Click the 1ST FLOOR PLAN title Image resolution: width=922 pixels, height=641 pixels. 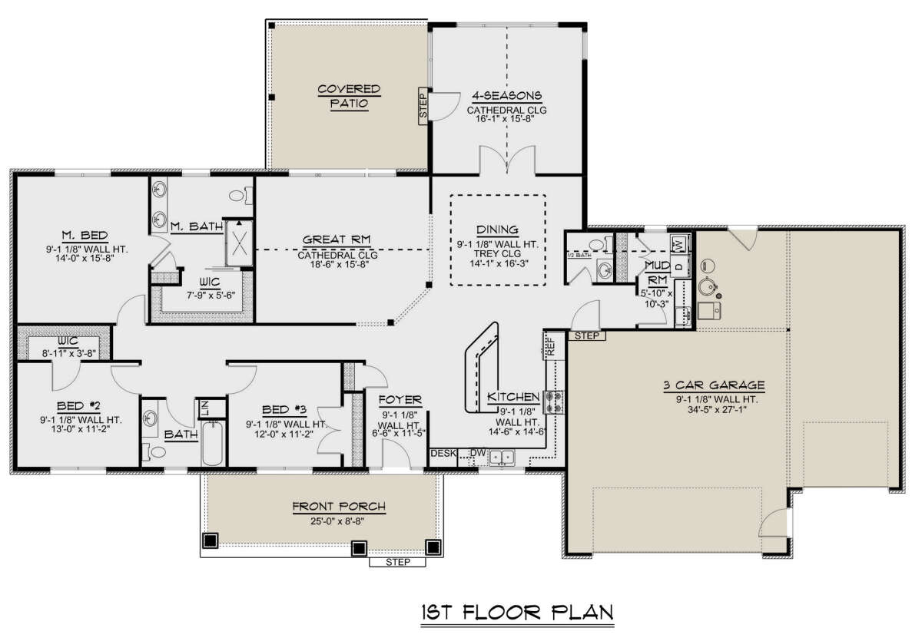[517, 613]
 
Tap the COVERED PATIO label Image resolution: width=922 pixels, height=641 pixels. [349, 96]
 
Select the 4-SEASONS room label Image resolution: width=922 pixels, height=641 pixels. [506, 96]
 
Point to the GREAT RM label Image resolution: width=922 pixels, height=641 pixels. [337, 240]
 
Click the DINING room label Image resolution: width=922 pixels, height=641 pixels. [497, 230]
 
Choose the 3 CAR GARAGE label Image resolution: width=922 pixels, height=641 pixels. [714, 385]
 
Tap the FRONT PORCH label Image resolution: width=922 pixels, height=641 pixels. [339, 507]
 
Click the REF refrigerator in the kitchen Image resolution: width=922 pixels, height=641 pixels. [551, 345]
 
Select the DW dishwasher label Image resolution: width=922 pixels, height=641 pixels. [478, 453]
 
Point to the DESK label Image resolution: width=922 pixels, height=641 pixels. [443, 453]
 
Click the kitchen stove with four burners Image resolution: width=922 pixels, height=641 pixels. [554, 401]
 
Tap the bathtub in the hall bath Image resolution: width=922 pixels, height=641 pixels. [212, 443]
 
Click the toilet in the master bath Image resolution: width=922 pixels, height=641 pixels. [240, 195]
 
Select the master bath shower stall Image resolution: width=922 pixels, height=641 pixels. [239, 243]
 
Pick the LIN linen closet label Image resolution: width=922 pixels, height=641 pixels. [204, 408]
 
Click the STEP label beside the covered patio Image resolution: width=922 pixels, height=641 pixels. [423, 106]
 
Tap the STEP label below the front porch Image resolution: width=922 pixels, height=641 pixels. [398, 562]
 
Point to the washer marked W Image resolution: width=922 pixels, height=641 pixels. [679, 245]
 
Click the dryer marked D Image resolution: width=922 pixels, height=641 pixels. [680, 266]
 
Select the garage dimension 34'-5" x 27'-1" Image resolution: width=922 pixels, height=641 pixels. [717, 409]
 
